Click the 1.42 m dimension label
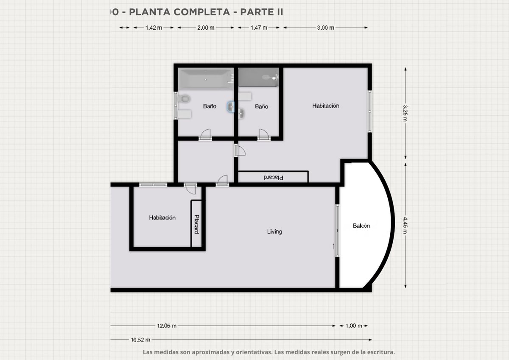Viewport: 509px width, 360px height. point(154,28)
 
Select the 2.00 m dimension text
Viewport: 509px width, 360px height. point(206,28)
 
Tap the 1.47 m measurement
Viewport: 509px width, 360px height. point(259,28)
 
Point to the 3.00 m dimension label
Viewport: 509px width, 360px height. point(326,28)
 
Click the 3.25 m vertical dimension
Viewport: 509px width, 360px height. point(405,113)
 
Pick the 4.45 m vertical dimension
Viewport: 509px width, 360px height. point(405,225)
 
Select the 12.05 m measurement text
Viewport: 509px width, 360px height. point(167,326)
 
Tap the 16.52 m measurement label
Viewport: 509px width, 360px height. point(140,340)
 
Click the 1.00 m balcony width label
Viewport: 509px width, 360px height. point(354,326)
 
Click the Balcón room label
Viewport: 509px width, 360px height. point(361,226)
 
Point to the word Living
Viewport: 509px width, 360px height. point(274,232)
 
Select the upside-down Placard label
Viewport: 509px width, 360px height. point(274,177)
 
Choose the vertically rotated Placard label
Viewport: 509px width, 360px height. point(196,224)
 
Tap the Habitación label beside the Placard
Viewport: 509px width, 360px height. point(162,218)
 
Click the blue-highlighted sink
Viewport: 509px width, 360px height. point(231,107)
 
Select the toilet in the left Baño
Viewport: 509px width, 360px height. point(184,99)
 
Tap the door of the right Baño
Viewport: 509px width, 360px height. point(264,134)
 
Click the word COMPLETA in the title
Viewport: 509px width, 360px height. point(202,12)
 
